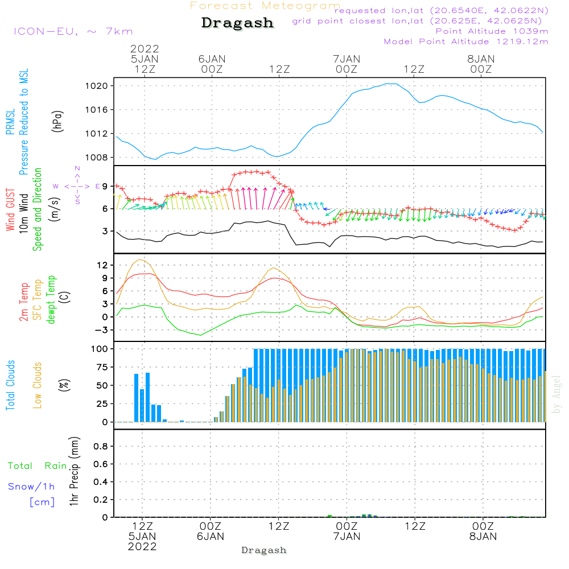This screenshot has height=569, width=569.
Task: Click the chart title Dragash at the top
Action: click(x=237, y=23)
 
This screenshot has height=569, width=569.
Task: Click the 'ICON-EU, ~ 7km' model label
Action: click(x=73, y=31)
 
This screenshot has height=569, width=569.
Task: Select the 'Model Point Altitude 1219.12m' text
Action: click(x=466, y=42)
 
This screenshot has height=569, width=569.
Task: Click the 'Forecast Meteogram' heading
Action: click(x=265, y=6)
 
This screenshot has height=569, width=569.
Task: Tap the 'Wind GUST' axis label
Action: click(x=11, y=211)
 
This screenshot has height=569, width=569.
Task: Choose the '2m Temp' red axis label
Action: click(x=24, y=301)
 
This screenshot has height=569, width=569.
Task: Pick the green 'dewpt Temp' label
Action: click(x=51, y=300)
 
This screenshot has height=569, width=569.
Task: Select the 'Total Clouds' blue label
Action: click(x=11, y=385)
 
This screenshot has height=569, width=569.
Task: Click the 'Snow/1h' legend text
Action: click(x=32, y=487)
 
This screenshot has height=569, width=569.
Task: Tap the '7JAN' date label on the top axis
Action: click(x=347, y=59)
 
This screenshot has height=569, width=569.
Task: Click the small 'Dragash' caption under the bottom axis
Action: click(x=264, y=550)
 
